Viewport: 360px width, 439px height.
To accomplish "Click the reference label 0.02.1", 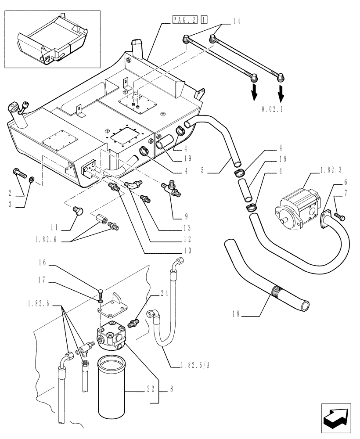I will (x=272, y=109).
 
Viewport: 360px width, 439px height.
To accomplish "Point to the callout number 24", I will (x=152, y=295).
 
